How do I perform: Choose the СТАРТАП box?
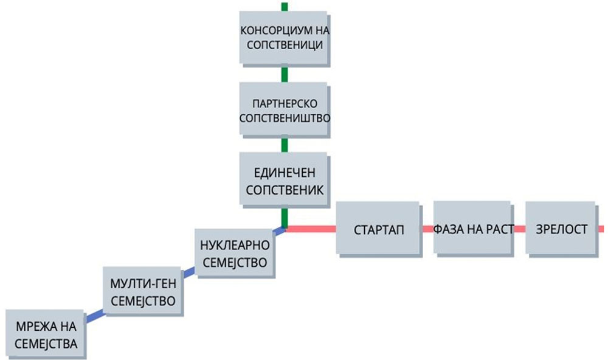(x=378, y=229)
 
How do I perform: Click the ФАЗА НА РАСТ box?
(x=473, y=229)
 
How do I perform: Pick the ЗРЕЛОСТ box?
(x=560, y=229)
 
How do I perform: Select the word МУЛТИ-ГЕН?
(x=143, y=284)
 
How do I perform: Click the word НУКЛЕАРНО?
(x=234, y=245)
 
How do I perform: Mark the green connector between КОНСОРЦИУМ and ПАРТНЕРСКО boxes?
(x=284, y=74)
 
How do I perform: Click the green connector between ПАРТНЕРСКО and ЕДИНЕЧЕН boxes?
(x=284, y=145)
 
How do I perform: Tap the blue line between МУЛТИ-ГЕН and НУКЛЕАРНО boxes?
(x=189, y=274)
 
